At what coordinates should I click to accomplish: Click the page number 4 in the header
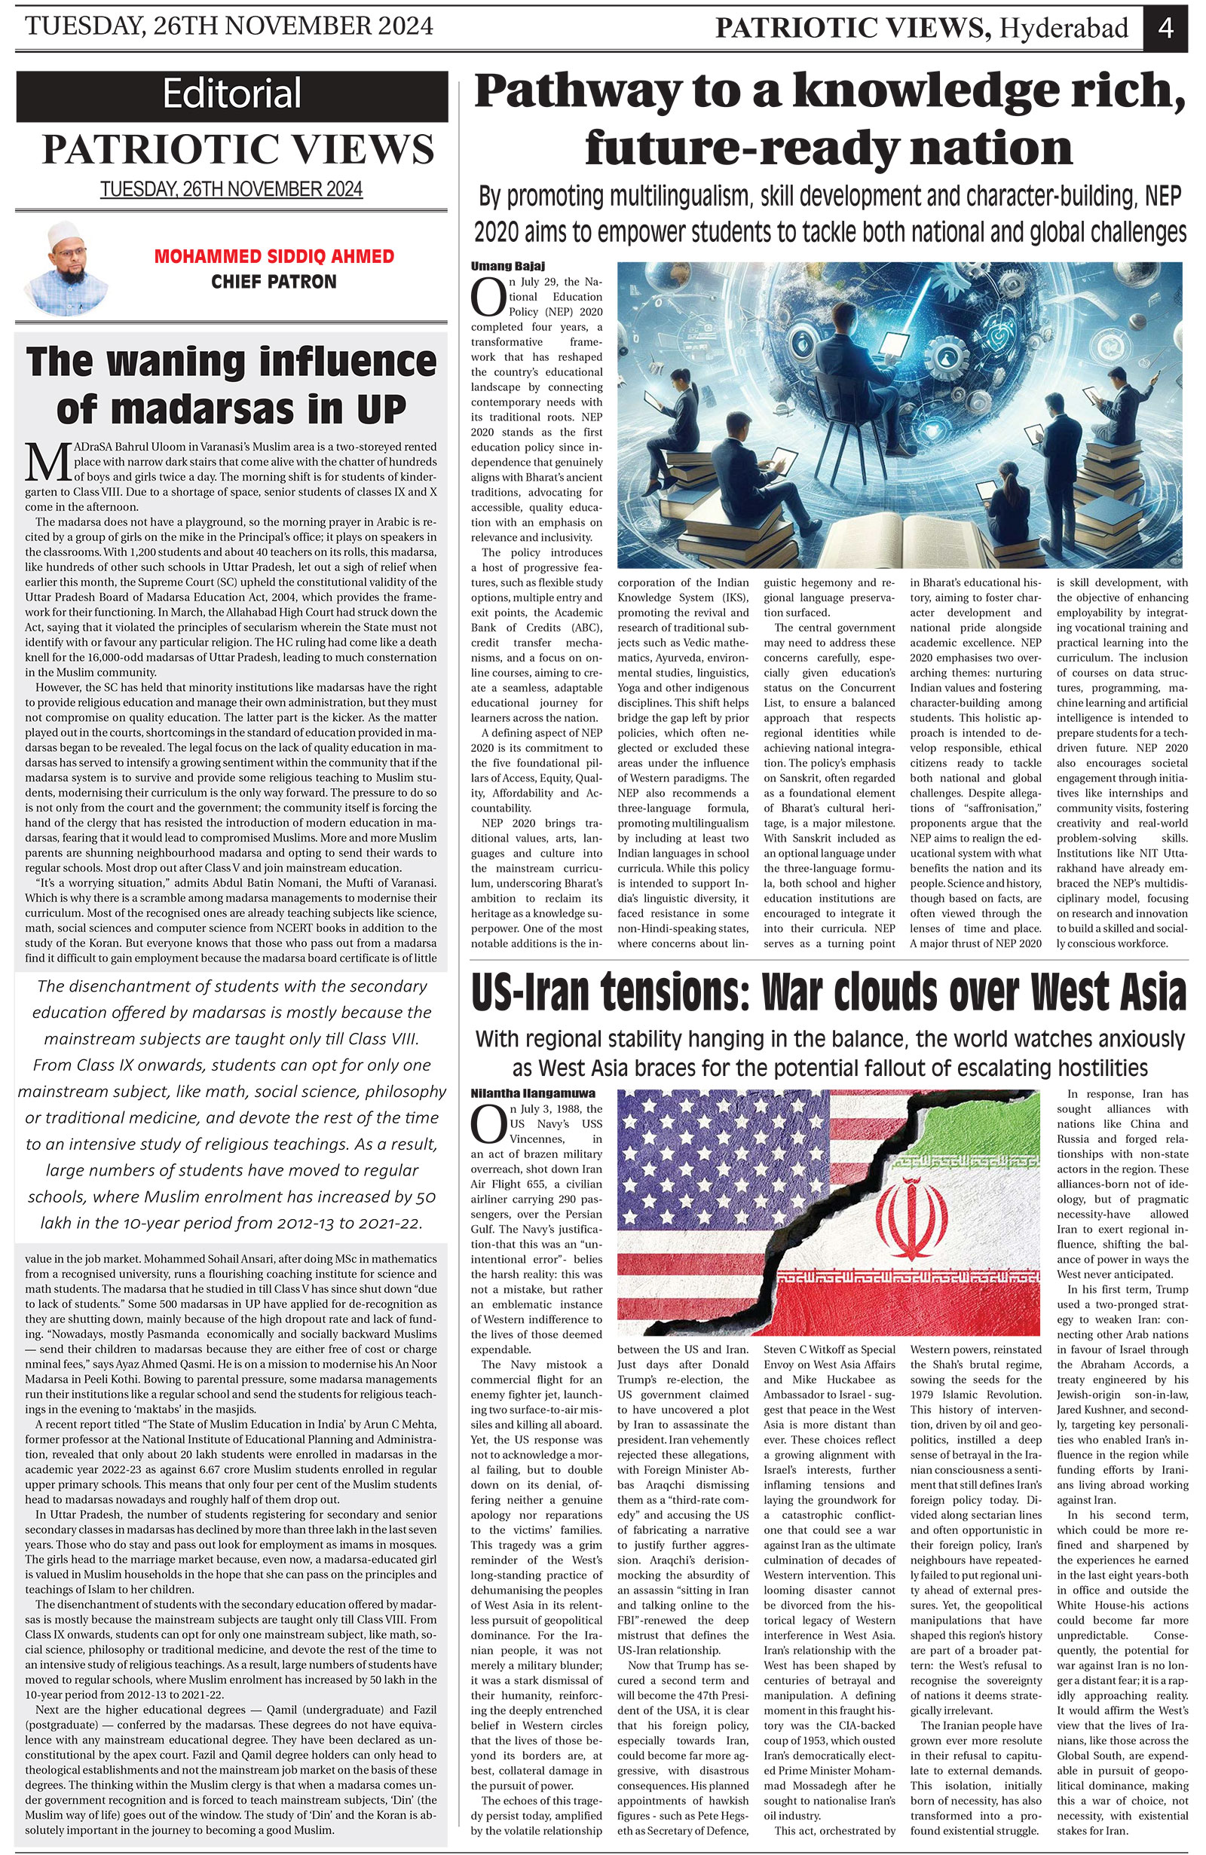click(1165, 28)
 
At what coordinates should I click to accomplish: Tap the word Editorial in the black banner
click(231, 94)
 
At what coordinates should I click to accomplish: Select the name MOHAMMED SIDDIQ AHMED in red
click(274, 256)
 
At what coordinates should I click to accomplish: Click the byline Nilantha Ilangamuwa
click(532, 1093)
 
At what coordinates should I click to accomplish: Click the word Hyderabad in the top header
click(1064, 29)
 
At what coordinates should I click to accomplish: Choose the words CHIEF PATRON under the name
click(274, 281)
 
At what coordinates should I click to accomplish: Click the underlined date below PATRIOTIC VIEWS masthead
click(231, 189)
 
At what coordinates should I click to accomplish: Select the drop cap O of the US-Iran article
click(488, 1123)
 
